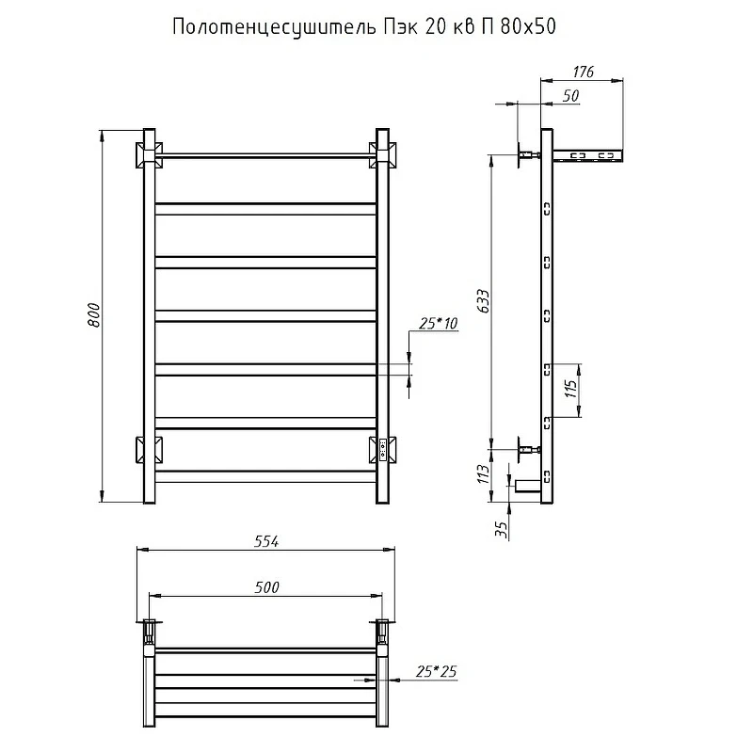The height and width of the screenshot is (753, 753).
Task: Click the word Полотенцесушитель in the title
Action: (x=274, y=27)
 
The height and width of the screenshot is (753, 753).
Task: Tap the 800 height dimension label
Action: (x=93, y=315)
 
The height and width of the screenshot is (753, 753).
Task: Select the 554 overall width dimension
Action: (x=266, y=541)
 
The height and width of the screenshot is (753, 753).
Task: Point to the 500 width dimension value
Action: (x=266, y=586)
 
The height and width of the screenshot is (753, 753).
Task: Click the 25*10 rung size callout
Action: (x=438, y=323)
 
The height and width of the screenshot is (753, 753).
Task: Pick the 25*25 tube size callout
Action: (x=436, y=671)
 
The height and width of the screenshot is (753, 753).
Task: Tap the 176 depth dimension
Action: (x=583, y=72)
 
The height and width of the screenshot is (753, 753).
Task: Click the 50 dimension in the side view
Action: (x=570, y=96)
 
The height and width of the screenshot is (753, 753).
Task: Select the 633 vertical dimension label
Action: (x=484, y=301)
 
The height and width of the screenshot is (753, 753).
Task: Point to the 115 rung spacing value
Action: (x=570, y=389)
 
